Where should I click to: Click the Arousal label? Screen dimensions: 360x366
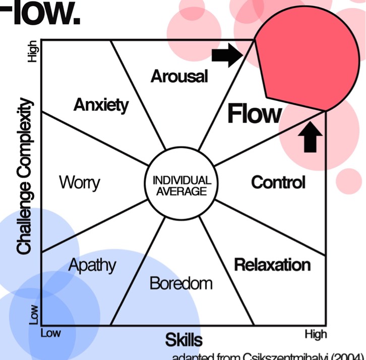(179, 77)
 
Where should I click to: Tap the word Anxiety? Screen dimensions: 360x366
(101, 105)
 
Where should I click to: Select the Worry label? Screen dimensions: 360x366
(79, 182)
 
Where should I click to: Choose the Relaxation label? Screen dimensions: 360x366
(272, 264)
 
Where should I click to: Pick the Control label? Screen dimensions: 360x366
(278, 182)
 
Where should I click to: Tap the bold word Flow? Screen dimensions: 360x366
(254, 114)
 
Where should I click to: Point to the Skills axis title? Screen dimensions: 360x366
(184, 339)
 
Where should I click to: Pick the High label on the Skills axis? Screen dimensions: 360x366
(316, 334)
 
